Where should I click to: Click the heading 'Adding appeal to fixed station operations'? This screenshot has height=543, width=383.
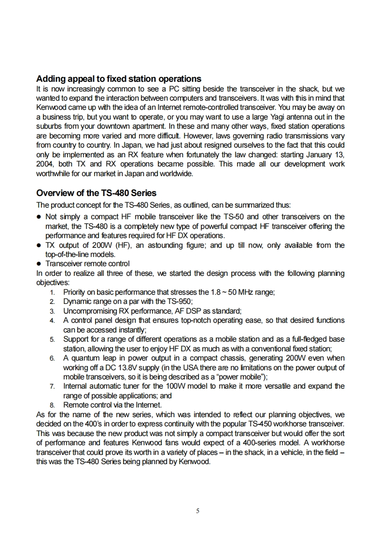[x=119, y=79]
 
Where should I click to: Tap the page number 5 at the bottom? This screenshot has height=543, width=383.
[x=198, y=510]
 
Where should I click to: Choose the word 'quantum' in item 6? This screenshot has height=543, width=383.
[x=85, y=358]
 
